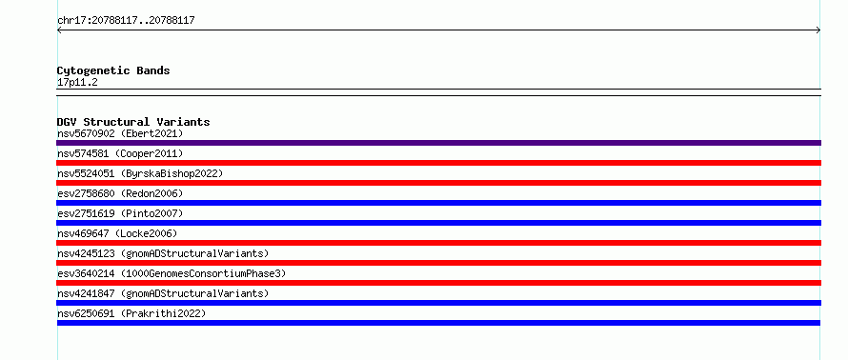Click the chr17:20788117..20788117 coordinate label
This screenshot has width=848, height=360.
[126, 21]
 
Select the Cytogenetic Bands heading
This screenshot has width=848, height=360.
[113, 70]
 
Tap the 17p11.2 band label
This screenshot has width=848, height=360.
[77, 83]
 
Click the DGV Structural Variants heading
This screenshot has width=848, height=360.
[133, 122]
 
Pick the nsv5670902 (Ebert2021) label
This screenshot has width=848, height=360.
[120, 133]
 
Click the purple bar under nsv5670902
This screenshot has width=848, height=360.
[438, 143]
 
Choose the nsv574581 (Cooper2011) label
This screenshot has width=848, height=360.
[120, 153]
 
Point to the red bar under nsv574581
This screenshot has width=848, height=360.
[438, 163]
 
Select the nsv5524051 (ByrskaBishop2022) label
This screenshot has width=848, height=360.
[140, 173]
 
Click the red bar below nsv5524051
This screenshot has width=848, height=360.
[438, 183]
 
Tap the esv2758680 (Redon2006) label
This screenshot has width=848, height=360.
[120, 193]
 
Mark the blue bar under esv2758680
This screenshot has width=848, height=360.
[438, 203]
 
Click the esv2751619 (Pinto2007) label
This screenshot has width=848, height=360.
[120, 213]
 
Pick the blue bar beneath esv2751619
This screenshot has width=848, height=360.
[438, 223]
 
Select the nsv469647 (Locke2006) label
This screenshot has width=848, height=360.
[117, 233]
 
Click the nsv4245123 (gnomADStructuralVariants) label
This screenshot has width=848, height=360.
[163, 253]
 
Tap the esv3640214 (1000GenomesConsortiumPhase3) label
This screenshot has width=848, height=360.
[172, 273]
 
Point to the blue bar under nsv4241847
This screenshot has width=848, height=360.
[438, 303]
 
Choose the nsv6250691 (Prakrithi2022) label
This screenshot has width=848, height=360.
[131, 313]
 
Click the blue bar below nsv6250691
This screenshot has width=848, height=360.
[438, 323]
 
